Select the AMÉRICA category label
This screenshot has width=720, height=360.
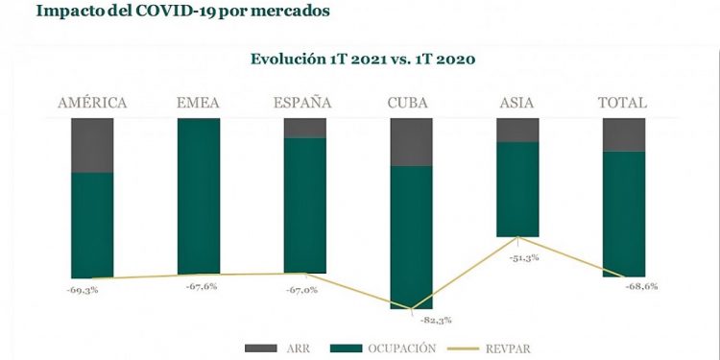click(92, 102)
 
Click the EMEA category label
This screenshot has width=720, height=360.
click(199, 102)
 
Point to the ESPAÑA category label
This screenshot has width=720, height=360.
click(304, 102)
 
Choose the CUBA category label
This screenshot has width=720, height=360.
click(411, 102)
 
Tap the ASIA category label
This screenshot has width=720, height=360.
click(516, 102)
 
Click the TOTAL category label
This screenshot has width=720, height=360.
click(622, 102)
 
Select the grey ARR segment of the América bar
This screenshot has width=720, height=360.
click(92, 145)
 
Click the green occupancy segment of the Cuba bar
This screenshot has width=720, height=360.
click(411, 236)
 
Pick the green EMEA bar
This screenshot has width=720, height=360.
click(199, 196)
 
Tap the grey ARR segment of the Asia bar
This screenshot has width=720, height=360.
click(516, 130)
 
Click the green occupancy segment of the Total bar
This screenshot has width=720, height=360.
click(623, 213)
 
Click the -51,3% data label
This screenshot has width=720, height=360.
click(524, 257)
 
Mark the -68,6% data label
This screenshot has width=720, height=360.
click(640, 287)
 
